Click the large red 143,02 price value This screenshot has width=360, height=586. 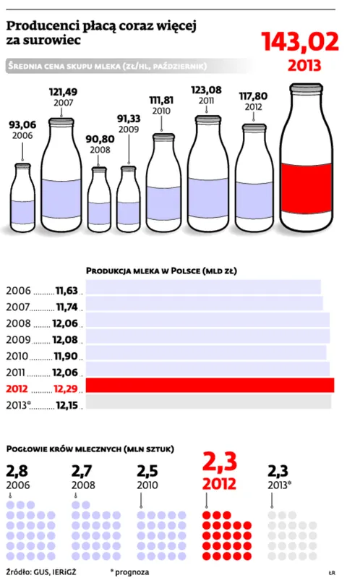point(300,41)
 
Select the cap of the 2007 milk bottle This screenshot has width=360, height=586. point(61,122)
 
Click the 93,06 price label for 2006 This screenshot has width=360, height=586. point(22,125)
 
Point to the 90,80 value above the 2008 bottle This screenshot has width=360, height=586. point(100,139)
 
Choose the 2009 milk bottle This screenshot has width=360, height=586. point(129,199)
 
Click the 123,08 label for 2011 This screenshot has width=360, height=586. point(206,90)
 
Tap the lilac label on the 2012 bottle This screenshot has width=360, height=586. point(254,200)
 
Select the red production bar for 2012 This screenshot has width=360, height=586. point(210,386)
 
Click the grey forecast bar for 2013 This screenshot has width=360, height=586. point(208,402)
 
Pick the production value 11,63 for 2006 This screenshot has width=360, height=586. point(67,290)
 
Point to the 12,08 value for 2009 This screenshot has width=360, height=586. point(65,340)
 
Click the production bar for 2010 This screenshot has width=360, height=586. point(206,352)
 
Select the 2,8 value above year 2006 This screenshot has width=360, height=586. point(17,471)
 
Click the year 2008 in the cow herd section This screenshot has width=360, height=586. point(83,485)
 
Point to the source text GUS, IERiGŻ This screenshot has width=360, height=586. point(54,572)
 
